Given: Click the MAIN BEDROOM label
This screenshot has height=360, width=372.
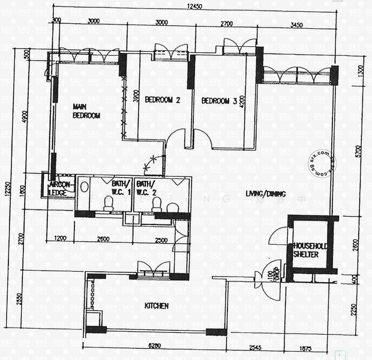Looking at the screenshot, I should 86,111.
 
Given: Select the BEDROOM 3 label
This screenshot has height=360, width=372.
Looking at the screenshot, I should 219,101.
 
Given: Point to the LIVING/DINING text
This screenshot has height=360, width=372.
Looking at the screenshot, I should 266,194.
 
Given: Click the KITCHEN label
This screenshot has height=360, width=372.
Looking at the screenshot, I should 156,306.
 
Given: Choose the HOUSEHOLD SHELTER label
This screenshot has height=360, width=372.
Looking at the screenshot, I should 310,250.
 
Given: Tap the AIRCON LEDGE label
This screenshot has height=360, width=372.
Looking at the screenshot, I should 60,188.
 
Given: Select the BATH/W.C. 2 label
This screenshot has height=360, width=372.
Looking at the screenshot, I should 146,187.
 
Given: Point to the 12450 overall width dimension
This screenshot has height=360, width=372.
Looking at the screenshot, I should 194,6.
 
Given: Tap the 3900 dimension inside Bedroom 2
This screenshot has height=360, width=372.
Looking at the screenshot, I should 137,95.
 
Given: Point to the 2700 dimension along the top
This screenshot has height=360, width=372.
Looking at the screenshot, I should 226,24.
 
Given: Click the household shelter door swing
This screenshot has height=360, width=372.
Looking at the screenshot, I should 277,239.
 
